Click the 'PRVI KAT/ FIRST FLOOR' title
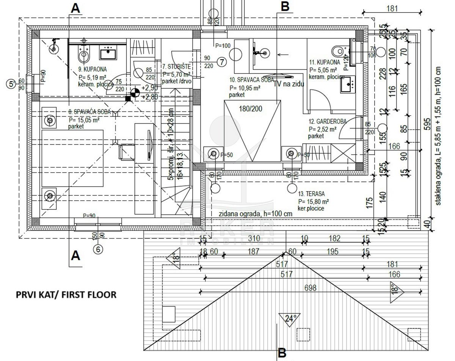coord(66,294)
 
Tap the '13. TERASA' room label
coord(311,193)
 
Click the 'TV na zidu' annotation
coord(290,84)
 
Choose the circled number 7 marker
coord(222,61)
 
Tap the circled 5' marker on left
coord(12,83)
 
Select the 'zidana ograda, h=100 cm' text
coord(256,213)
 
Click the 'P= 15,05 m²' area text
coord(84,120)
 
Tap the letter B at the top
coord(285,6)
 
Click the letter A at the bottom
coord(76,256)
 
